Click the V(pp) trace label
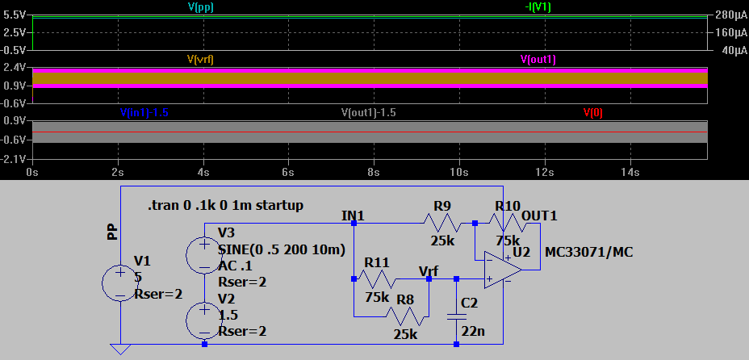point(200,6)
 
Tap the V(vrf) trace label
point(200,59)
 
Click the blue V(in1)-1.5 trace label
point(144,112)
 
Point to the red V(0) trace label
point(592,112)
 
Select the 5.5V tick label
point(15,15)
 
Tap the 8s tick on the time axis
point(374,172)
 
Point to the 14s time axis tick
point(630,172)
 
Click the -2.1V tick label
point(15,159)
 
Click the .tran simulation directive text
point(226,206)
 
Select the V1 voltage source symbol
point(120,283)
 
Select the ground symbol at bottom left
point(120,350)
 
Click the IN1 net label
point(354,216)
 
